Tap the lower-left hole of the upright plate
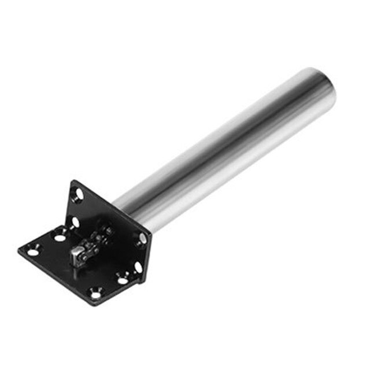(x=75, y=221)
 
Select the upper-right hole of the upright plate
(x=142, y=238)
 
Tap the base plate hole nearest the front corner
(x=96, y=294)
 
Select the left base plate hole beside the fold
(x=60, y=236)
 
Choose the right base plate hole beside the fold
(x=122, y=279)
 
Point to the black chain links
(x=98, y=237)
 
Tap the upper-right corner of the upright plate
(x=151, y=234)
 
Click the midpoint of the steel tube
(x=225, y=147)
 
